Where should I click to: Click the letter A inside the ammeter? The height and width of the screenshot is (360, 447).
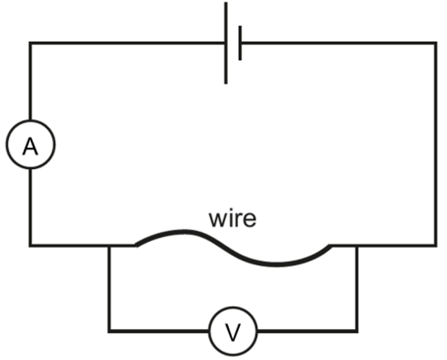pyautogui.click(x=30, y=146)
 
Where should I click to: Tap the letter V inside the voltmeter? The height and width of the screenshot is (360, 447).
pyautogui.click(x=233, y=332)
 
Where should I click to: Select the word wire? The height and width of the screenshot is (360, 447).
pyautogui.click(x=232, y=219)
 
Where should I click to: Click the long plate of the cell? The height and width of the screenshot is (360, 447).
pyautogui.click(x=226, y=43)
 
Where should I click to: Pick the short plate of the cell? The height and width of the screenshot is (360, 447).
pyautogui.click(x=240, y=43)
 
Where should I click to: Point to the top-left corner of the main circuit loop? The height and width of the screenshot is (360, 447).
pyautogui.click(x=30, y=43)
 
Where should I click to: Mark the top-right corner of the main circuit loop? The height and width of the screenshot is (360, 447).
pyautogui.click(x=436, y=43)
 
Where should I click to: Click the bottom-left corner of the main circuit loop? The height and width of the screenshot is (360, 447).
pyautogui.click(x=30, y=245)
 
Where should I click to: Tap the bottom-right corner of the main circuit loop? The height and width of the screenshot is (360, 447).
pyautogui.click(x=436, y=245)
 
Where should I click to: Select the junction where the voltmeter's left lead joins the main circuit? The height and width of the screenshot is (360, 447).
pyautogui.click(x=109, y=245)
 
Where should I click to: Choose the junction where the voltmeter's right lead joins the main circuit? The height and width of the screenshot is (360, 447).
pyautogui.click(x=356, y=245)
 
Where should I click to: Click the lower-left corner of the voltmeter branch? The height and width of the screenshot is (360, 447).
pyautogui.click(x=109, y=331)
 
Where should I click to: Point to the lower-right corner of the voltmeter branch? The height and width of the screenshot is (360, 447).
pyautogui.click(x=356, y=331)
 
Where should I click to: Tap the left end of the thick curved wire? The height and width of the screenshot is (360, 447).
pyautogui.click(x=135, y=245)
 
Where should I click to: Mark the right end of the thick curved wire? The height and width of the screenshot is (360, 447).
pyautogui.click(x=331, y=246)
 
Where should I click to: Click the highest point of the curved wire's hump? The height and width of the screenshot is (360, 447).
pyautogui.click(x=184, y=231)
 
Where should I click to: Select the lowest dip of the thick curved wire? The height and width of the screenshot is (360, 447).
pyautogui.click(x=275, y=264)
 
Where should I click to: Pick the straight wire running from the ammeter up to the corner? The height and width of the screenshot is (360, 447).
pyautogui.click(x=30, y=81)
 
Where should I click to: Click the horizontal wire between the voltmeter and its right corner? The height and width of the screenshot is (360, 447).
pyautogui.click(x=307, y=331)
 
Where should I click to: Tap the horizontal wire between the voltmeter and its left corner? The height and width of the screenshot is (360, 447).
pyautogui.click(x=159, y=331)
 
